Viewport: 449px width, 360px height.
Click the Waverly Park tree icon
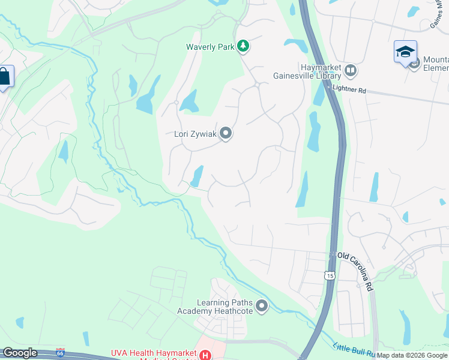click(x=243, y=46)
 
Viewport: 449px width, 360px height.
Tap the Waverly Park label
click(x=209, y=46)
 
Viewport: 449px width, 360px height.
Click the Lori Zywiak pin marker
click(x=226, y=133)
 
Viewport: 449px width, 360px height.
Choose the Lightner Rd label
click(x=349, y=90)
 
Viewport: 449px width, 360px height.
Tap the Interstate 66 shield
click(x=59, y=351)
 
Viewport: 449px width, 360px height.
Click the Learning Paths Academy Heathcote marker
click(x=262, y=307)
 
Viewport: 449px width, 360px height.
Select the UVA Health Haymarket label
click(x=154, y=354)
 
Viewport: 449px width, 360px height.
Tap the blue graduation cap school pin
click(x=405, y=52)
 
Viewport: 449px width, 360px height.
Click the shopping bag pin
click(x=5, y=77)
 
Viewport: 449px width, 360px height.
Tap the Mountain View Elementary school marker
click(x=414, y=64)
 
